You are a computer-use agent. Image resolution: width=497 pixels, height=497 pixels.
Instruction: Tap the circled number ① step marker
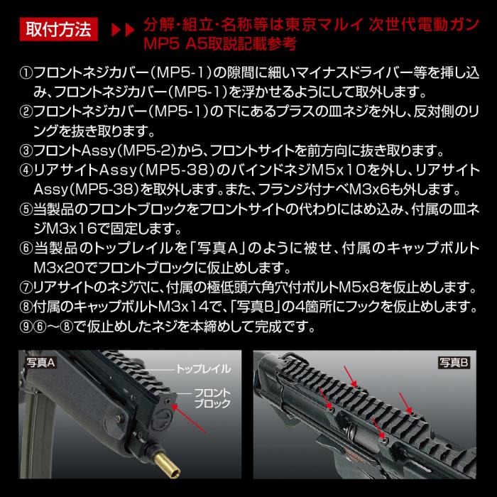point(26,73)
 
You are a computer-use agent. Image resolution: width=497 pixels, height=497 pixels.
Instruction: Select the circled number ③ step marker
point(26,152)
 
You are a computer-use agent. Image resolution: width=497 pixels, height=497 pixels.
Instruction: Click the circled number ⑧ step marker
point(26,308)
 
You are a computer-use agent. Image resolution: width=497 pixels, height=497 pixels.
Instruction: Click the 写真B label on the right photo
point(454,364)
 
